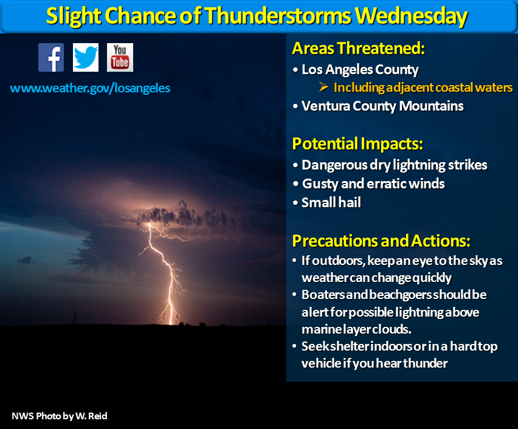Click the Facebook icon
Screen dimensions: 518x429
pos(51,58)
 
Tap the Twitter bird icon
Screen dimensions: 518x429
pos(86,58)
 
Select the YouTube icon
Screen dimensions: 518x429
pos(120,58)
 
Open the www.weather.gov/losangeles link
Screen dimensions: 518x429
pos(90,88)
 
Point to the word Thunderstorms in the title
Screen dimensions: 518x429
pos(277,16)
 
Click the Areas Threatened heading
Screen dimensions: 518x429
pos(358,48)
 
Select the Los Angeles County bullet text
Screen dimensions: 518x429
pos(360,70)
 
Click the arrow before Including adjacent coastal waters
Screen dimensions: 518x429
pos(323,87)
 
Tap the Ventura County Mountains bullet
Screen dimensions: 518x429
pos(382,106)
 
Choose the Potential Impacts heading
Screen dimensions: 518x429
pos(357,144)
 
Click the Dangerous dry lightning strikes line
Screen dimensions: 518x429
pos(395,165)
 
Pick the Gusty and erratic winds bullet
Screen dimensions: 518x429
pos(373,184)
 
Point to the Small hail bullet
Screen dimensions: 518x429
pos(331,202)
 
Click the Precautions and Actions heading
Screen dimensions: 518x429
pos(381,241)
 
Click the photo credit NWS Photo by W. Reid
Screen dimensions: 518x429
pos(60,416)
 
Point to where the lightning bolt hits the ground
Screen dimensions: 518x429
pos(171,324)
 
